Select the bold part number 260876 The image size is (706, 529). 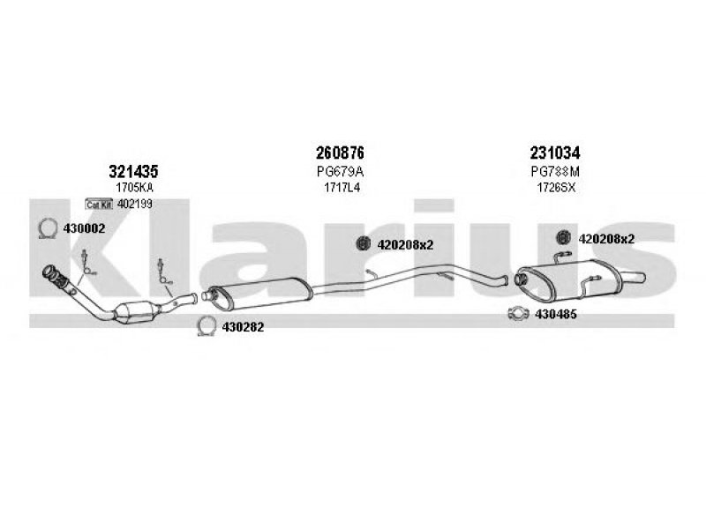click(x=339, y=153)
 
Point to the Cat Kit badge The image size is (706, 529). click(x=99, y=205)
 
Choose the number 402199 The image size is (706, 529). click(x=135, y=205)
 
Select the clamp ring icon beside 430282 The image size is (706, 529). click(x=206, y=326)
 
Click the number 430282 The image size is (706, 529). click(x=244, y=327)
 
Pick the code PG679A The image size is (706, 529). click(x=340, y=171)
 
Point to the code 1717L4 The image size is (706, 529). click(x=340, y=188)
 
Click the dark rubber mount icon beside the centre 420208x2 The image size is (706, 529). click(x=362, y=245)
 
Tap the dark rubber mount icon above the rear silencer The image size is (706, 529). click(x=564, y=236)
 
